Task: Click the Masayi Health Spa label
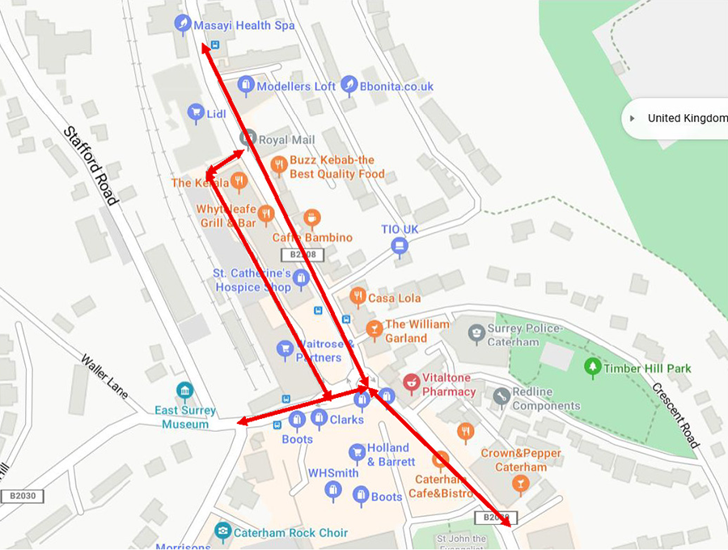pyautogui.click(x=243, y=26)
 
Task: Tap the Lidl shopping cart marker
pyautogui.click(x=195, y=112)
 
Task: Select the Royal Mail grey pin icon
pyautogui.click(x=248, y=137)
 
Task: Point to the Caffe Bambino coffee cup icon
pyautogui.click(x=312, y=217)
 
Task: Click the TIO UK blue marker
pyautogui.click(x=399, y=246)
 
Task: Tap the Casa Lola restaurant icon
pyautogui.click(x=357, y=296)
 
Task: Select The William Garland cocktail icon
pyautogui.click(x=373, y=328)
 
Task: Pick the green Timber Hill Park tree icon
pyautogui.click(x=593, y=367)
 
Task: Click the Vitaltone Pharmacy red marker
pyautogui.click(x=412, y=380)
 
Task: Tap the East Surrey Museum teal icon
pyautogui.click(x=185, y=391)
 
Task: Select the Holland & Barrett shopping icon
pyautogui.click(x=357, y=452)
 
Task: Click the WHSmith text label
pyautogui.click(x=332, y=473)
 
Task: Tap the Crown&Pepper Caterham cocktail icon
pyautogui.click(x=520, y=484)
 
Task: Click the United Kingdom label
pyautogui.click(x=688, y=118)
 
